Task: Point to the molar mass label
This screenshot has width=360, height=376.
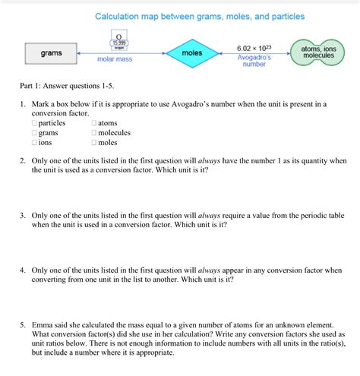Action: (115, 58)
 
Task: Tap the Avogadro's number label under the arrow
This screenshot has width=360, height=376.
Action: (254, 61)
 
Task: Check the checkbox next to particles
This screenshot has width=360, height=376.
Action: (35, 123)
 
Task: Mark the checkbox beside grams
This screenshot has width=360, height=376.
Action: (35, 133)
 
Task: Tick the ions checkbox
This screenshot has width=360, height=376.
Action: (35, 142)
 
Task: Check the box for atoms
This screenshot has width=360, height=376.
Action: (94, 123)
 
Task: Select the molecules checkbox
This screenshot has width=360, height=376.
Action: (94, 133)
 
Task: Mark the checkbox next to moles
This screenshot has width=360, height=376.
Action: (94, 142)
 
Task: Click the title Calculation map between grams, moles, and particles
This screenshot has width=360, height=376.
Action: (199, 16)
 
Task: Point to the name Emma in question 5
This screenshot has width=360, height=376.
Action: (43, 324)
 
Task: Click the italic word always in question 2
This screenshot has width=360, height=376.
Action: (210, 161)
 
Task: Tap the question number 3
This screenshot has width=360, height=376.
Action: (24, 215)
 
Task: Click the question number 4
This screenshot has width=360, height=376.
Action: (24, 270)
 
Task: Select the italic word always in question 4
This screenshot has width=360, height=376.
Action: (210, 270)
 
